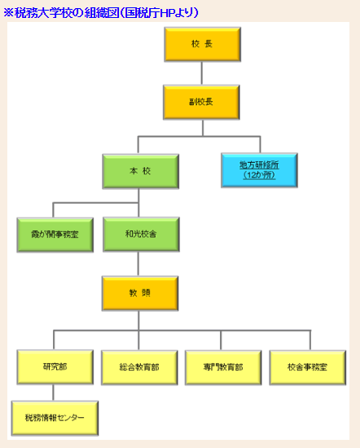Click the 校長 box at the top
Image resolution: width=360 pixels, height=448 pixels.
(203, 44)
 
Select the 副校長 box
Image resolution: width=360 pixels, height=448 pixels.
(201, 103)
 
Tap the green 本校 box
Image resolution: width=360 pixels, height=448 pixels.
(141, 171)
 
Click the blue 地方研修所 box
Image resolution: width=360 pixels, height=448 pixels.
(260, 170)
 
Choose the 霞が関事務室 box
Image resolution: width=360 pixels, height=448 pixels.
(55, 235)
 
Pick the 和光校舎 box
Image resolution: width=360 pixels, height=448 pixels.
(141, 235)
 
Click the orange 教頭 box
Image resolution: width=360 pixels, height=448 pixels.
(140, 293)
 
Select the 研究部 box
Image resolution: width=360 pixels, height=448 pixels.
(55, 367)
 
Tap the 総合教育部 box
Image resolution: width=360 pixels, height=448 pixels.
(139, 367)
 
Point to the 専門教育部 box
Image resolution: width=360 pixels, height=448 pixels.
(223, 367)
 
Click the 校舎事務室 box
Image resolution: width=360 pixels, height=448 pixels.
(308, 367)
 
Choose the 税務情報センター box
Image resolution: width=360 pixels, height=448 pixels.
(55, 419)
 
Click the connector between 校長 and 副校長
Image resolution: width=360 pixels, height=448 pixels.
(202, 73)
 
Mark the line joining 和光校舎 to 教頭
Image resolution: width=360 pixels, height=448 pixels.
(138, 264)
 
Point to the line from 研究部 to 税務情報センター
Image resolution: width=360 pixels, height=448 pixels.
(53, 393)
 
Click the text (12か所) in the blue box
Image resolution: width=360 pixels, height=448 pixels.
(259, 175)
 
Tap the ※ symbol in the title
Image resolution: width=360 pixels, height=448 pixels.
(9, 12)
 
